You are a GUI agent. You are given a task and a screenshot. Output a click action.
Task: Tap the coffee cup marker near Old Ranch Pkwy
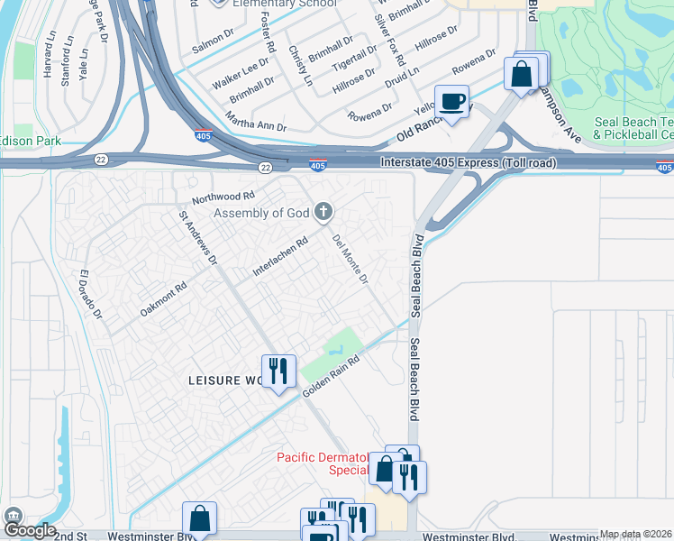pos(451,100)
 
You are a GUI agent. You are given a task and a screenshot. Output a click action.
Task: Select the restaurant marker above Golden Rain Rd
pos(278,371)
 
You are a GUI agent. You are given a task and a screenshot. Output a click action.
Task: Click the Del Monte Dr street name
pos(351,261)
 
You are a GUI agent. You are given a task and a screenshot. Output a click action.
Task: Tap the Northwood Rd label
pos(223,196)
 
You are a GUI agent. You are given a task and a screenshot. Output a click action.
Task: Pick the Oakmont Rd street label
pos(163,298)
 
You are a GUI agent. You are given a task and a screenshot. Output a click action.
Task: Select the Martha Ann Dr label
pos(258,126)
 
